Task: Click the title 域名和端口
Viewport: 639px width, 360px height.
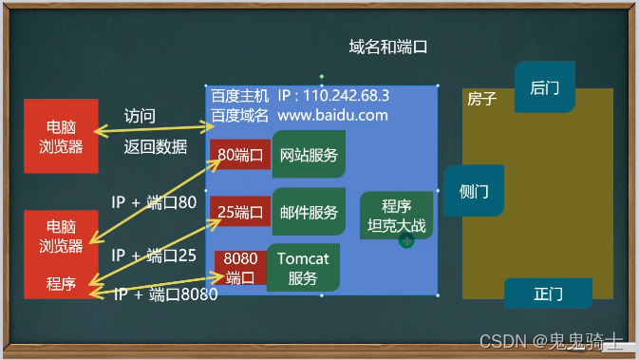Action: [388, 47]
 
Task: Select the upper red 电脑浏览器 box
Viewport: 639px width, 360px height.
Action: [61, 136]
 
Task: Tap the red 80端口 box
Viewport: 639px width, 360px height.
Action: [240, 155]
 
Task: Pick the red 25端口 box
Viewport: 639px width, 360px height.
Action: [240, 212]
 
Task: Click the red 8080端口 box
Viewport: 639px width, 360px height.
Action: [240, 268]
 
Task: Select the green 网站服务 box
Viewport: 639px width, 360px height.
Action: [309, 155]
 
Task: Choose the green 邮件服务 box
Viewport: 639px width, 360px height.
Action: [309, 212]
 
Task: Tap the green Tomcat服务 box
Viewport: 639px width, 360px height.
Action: [303, 267]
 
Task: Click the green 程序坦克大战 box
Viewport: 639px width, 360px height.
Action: [396, 216]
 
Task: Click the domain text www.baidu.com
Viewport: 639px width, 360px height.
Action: [332, 115]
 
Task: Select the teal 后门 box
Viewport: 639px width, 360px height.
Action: [544, 87]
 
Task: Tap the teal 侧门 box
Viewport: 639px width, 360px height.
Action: [473, 191]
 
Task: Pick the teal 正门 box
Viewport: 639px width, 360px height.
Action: [548, 293]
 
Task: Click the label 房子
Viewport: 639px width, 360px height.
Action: [482, 99]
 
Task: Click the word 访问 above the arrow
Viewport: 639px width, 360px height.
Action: [140, 116]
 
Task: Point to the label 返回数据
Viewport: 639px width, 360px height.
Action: [155, 146]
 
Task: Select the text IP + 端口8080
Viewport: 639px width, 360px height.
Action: [166, 294]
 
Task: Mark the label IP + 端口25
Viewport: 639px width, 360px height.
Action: [154, 255]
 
